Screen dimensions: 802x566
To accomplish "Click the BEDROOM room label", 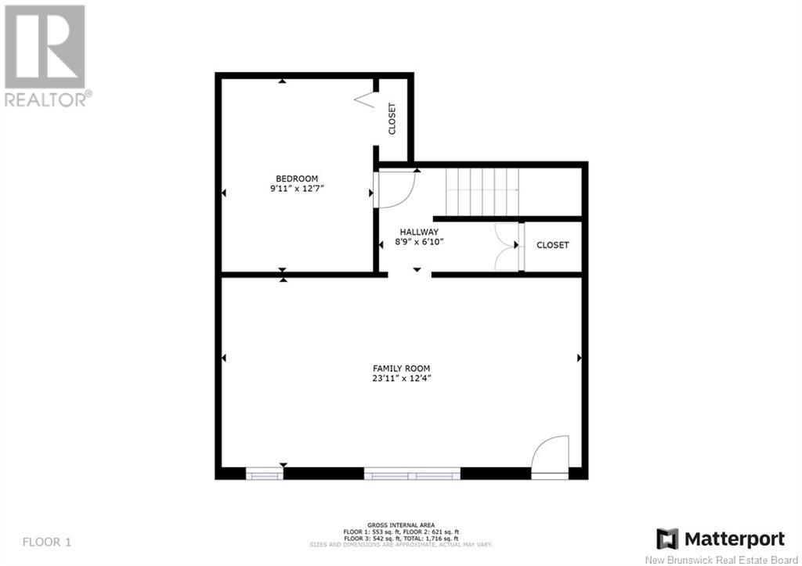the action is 297,178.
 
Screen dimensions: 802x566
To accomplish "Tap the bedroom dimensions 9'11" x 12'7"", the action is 297,189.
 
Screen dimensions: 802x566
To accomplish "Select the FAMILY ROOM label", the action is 401,368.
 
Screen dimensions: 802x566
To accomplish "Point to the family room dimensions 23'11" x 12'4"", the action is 402,379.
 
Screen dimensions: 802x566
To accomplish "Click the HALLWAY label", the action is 419,233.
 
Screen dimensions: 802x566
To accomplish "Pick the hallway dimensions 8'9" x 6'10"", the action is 419,243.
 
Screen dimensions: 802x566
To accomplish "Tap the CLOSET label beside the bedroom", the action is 392,119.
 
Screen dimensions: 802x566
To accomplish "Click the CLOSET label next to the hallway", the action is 552,245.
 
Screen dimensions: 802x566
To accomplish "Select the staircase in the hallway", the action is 482,193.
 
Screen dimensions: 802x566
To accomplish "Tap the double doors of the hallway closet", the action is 508,247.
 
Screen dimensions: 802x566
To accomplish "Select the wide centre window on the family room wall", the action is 412,474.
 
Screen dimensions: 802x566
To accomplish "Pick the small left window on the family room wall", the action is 265,474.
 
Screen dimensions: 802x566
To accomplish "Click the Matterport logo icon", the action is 667,539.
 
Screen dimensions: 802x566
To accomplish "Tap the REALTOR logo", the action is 45,56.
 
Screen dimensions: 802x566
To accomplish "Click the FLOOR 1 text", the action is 47,542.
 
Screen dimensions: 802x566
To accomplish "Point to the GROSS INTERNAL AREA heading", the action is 401,525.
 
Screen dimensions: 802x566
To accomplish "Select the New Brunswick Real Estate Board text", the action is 721,560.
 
